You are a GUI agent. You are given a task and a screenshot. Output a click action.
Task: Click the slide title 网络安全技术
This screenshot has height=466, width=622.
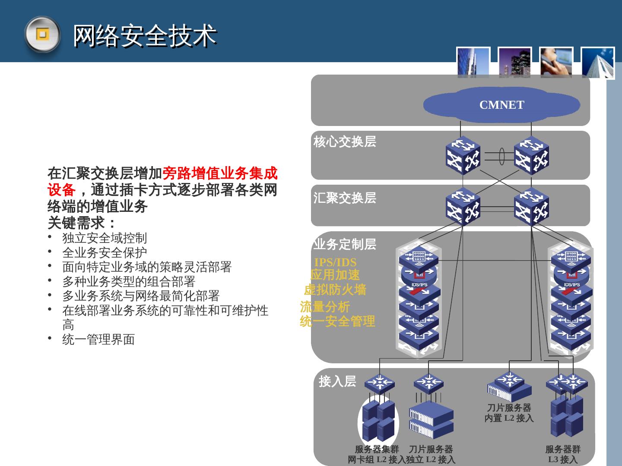(144, 35)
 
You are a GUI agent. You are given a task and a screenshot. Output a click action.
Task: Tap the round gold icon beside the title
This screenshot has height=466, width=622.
(41, 34)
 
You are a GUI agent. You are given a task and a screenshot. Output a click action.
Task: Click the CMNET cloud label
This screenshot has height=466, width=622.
(501, 105)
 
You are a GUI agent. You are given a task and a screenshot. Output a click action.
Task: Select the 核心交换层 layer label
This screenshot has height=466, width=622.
(345, 142)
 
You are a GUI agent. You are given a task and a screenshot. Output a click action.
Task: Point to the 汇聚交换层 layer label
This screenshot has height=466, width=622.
(345, 198)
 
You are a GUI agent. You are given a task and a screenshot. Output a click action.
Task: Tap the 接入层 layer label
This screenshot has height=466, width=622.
(337, 381)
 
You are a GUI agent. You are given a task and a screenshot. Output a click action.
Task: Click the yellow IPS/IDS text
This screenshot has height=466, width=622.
(335, 262)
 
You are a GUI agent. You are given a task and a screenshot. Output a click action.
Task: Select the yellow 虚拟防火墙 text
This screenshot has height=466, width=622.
(335, 290)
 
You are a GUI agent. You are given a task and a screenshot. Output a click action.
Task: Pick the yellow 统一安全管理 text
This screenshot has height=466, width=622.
(337, 321)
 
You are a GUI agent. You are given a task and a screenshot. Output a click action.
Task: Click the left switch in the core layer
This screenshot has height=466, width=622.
(463, 155)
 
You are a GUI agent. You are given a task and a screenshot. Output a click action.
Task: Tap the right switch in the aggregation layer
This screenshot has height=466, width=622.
(531, 207)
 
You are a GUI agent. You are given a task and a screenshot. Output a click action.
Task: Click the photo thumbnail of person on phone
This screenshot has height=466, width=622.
(556, 63)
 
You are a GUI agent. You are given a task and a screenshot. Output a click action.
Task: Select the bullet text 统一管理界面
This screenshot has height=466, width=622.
(98, 340)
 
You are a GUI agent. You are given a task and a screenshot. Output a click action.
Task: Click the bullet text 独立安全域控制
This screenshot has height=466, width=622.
(105, 238)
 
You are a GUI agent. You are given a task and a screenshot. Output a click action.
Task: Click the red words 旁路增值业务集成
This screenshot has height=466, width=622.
(220, 173)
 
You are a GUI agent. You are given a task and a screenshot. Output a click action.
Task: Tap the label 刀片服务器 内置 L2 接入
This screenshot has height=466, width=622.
(509, 413)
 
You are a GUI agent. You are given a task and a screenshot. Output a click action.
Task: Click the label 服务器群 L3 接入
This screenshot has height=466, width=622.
(562, 454)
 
